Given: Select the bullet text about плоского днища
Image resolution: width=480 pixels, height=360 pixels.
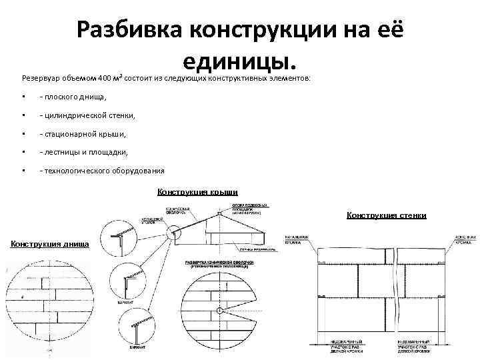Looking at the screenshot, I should (x=73, y=97).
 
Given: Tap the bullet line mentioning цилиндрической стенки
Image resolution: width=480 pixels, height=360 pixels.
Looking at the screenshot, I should (x=87, y=115).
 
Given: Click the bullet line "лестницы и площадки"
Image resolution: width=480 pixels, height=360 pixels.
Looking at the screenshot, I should (x=83, y=152).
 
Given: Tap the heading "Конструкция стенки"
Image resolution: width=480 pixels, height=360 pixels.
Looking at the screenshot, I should (x=386, y=215).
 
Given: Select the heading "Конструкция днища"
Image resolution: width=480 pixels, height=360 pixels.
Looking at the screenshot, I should (x=50, y=244).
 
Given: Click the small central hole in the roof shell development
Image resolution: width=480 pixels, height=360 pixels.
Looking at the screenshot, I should (x=219, y=310).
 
